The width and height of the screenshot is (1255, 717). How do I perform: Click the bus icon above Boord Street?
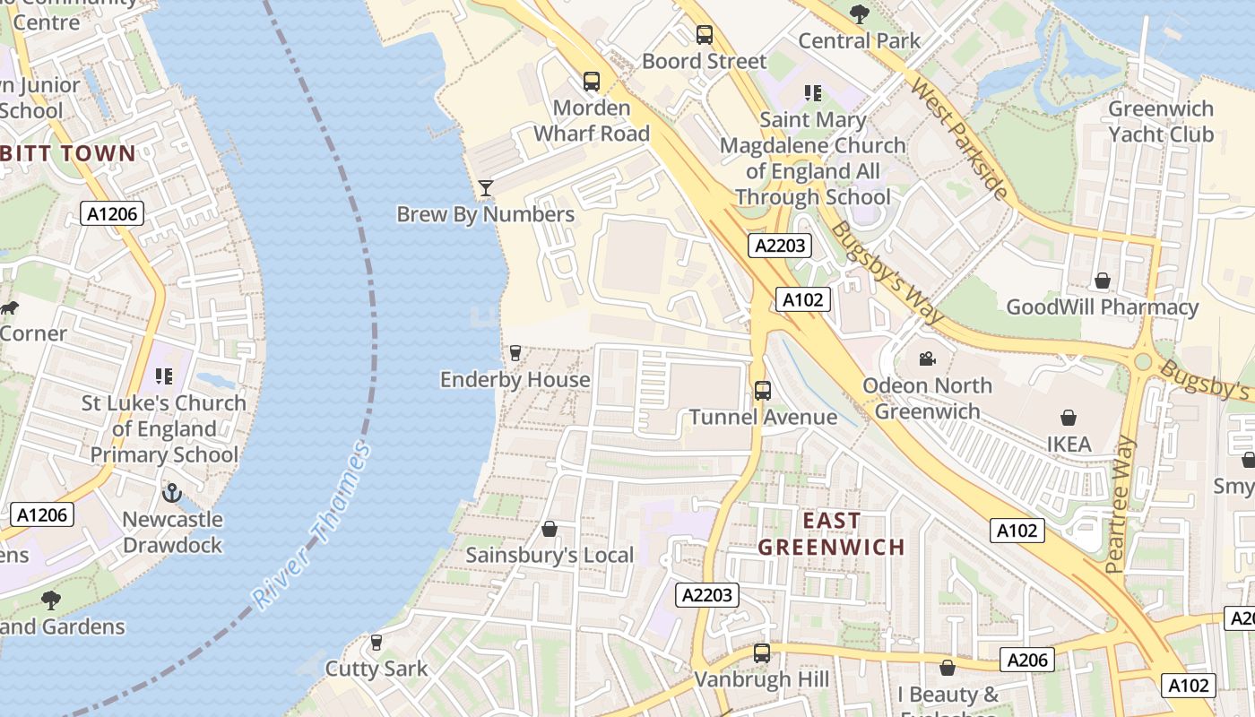705,35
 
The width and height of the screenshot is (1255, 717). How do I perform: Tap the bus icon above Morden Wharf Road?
592,82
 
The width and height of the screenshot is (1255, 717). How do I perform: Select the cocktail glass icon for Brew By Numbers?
486,187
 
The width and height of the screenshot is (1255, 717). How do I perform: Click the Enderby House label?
515,379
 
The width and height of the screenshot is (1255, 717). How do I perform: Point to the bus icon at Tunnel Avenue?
763,391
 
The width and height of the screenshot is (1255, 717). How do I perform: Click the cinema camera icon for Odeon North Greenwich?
927,359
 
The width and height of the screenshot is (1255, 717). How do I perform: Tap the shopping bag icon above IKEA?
1069,418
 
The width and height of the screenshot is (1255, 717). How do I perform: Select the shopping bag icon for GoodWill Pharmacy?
1103,281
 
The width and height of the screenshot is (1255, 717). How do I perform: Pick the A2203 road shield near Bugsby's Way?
780,246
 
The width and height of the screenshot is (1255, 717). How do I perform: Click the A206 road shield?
1027,661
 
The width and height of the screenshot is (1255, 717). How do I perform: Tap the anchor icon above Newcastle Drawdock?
171,493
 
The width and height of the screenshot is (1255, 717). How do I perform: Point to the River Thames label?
311,526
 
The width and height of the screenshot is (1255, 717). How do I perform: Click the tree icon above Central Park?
860,13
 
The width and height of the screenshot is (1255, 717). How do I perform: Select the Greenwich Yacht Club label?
1160,122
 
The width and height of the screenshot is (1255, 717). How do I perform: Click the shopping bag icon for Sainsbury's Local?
550,529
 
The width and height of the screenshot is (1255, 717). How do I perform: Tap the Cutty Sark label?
376,669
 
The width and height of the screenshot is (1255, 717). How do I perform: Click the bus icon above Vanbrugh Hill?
762,653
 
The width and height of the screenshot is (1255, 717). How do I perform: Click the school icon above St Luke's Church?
163,376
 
